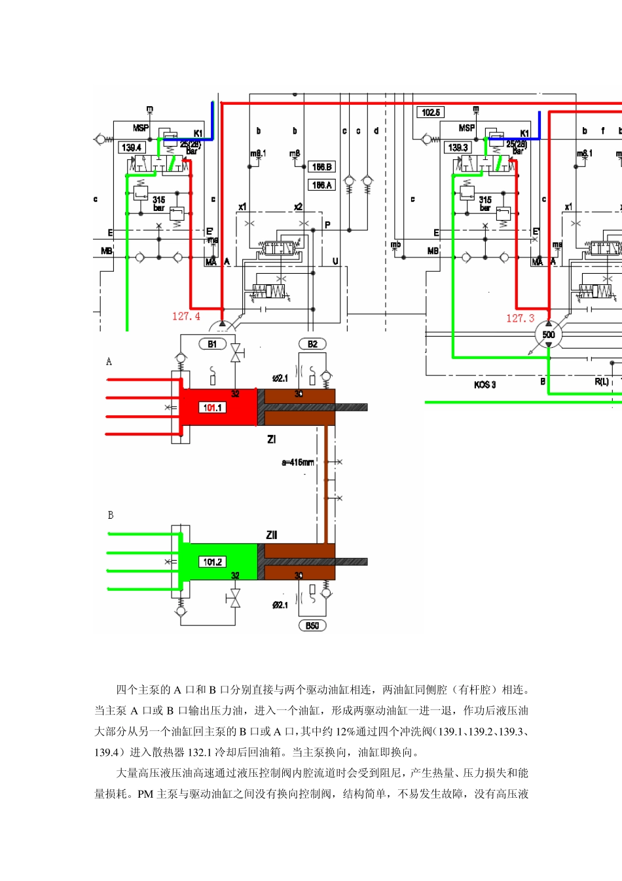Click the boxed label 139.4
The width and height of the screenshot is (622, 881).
(132, 147)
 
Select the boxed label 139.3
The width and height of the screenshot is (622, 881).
(458, 147)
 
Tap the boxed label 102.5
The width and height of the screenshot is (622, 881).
(431, 113)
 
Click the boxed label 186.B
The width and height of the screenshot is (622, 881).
(321, 167)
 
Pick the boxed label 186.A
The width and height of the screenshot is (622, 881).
(321, 185)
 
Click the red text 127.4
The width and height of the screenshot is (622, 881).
(186, 316)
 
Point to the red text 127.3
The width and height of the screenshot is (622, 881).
(520, 318)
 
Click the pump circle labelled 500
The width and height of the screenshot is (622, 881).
(549, 335)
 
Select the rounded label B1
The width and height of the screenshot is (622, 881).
(213, 344)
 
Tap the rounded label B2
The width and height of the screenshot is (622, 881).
(312, 344)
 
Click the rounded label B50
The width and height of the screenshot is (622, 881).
(312, 626)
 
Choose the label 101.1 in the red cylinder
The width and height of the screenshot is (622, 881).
(212, 407)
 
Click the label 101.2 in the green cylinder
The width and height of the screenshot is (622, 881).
(212, 562)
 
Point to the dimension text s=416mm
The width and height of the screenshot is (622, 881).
(298, 462)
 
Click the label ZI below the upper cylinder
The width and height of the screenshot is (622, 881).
(271, 440)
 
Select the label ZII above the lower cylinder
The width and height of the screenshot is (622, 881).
(272, 535)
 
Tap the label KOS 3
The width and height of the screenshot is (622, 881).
(485, 384)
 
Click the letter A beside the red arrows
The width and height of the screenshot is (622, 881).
(109, 362)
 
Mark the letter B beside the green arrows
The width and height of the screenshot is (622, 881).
(110, 515)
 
